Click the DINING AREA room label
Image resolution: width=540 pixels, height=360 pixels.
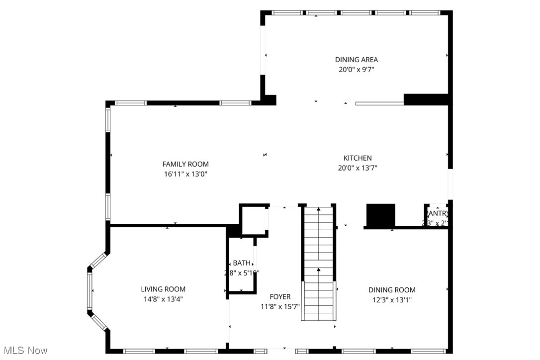click(x=356, y=60)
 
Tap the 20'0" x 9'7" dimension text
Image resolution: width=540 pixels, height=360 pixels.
click(x=356, y=70)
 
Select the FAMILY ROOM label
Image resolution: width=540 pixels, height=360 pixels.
click(x=185, y=164)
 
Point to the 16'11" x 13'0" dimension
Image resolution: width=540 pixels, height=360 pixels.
click(x=185, y=174)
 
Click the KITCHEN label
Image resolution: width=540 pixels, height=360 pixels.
click(x=358, y=158)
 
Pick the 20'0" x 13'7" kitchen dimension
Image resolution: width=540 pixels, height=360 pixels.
click(x=358, y=168)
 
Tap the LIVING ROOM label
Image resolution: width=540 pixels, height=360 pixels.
click(x=163, y=289)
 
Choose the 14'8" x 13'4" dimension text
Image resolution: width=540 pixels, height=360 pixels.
click(x=163, y=299)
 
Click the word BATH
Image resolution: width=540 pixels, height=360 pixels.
click(x=242, y=263)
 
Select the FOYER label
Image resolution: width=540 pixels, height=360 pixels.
click(x=280, y=297)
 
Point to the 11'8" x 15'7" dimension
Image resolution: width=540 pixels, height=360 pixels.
click(x=280, y=307)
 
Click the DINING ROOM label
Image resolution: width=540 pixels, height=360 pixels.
click(x=392, y=290)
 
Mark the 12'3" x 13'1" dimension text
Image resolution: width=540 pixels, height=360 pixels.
click(x=392, y=300)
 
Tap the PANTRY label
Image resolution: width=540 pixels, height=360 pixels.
click(x=438, y=214)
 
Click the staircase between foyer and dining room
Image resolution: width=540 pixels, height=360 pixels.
click(x=318, y=264)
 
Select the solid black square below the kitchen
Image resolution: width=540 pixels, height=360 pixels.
click(x=381, y=215)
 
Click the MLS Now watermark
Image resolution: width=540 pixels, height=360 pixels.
click(x=24, y=351)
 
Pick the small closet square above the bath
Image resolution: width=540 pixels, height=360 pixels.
click(x=254, y=220)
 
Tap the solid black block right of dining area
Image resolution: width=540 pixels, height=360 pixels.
click(x=427, y=99)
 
